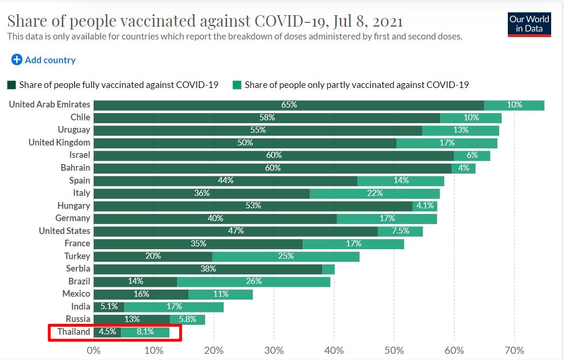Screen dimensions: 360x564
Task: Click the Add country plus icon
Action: click(17, 60)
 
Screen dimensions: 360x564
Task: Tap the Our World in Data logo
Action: click(529, 24)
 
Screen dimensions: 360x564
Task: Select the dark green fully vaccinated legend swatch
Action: click(12, 85)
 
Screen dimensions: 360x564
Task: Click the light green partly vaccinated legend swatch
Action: click(237, 85)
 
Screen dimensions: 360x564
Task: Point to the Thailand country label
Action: click(74, 331)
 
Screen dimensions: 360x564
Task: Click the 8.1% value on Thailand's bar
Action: click(145, 331)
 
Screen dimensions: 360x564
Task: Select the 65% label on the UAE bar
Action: click(289, 105)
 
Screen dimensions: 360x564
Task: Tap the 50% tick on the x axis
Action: click(394, 351)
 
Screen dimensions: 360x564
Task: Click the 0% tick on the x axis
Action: click(94, 351)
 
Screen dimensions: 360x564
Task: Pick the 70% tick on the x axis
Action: click(514, 351)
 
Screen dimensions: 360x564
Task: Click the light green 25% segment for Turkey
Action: click(286, 256)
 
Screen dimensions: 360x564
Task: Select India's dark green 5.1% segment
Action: click(109, 306)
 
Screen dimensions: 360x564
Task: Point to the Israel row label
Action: click(79, 155)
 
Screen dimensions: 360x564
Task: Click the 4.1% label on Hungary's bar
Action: click(425, 205)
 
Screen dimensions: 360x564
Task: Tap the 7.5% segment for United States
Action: click(400, 231)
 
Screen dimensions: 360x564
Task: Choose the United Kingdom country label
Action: click(59, 142)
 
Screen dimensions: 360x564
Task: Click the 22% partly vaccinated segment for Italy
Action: click(375, 193)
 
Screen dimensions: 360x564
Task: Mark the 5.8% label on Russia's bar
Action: click(187, 319)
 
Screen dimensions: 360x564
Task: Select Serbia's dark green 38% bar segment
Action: click(208, 269)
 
